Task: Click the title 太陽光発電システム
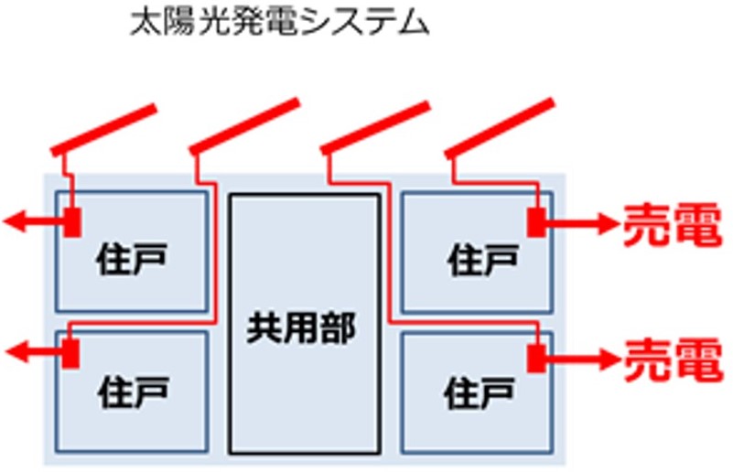pyautogui.click(x=279, y=23)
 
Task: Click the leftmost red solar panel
pyautogui.click(x=102, y=129)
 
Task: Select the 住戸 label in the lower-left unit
pyautogui.click(x=132, y=395)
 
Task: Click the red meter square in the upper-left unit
pyautogui.click(x=72, y=220)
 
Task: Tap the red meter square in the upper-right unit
pyautogui.click(x=536, y=221)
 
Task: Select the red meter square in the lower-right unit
pyautogui.click(x=536, y=357)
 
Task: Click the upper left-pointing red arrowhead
pyautogui.click(x=13, y=220)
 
